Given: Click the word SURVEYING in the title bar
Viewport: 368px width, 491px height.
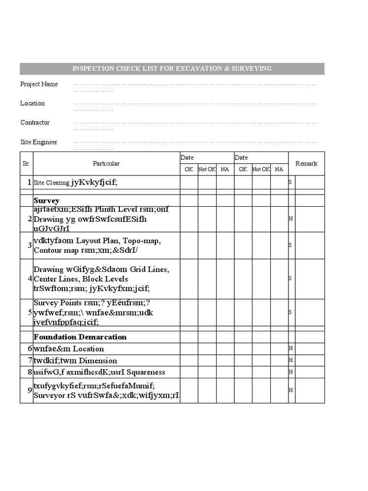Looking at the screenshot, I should point(251,69).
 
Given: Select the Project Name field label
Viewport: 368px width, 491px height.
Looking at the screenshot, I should point(39,84).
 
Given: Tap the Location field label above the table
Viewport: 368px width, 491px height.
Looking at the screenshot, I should point(33,104).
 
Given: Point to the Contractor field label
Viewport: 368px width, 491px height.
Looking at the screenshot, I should point(35,123).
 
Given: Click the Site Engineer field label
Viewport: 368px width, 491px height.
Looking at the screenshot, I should point(39,142).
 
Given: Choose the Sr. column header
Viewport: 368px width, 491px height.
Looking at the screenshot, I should point(26,164).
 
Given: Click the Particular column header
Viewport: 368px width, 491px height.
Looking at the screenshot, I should point(106,164).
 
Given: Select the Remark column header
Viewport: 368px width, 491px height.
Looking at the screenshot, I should point(306,164).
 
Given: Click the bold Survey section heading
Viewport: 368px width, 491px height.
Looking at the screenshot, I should point(46,200).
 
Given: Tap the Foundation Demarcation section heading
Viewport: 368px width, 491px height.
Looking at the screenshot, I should point(80,337).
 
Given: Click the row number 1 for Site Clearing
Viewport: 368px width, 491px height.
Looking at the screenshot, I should point(29,182).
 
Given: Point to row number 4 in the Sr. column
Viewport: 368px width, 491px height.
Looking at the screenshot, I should point(30,279).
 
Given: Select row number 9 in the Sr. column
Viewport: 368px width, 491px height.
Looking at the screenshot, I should point(30,390).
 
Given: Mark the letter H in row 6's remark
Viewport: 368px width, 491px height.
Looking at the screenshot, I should point(290,348).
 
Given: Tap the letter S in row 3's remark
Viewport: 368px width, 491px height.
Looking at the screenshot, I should point(290,245).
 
